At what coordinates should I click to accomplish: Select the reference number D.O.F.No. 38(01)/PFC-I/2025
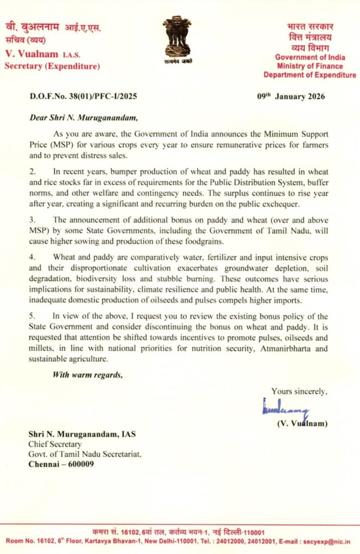[x=83, y=97]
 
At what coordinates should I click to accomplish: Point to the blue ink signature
[x=285, y=407]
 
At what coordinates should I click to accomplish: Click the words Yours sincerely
[x=299, y=391]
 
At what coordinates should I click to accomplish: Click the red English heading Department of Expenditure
[x=316, y=75]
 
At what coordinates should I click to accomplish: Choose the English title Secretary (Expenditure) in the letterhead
[x=52, y=67]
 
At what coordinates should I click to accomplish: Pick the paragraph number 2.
[x=32, y=171]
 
